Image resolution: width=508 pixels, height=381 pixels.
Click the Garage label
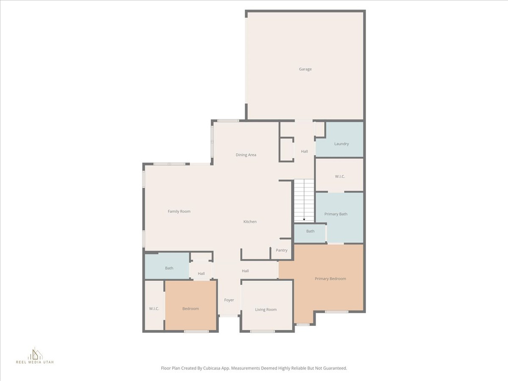305,69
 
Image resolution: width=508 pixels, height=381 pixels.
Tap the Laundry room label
341,144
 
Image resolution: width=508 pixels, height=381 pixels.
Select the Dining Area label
246,155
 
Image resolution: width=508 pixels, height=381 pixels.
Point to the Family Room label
179,211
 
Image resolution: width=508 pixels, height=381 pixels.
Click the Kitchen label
250,222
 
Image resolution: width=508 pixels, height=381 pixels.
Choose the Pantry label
281,251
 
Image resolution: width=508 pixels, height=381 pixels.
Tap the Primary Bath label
336,214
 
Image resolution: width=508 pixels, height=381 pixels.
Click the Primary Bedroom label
330,279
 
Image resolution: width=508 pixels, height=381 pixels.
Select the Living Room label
266,310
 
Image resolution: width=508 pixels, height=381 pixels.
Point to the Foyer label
229,300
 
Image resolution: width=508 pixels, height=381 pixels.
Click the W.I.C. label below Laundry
340,176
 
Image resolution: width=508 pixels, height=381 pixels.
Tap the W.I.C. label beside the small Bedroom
154,309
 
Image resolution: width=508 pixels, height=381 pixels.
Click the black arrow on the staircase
304,219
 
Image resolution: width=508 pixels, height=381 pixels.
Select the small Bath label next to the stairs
310,231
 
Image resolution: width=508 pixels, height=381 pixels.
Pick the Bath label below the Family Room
169,268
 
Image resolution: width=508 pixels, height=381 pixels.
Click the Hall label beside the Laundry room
304,151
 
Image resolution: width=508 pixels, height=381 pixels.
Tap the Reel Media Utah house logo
35,353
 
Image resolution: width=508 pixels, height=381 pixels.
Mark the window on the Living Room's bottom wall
262,331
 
